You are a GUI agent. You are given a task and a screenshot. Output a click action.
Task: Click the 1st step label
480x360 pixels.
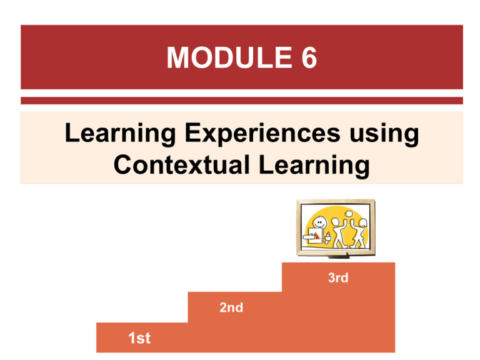click(139, 339)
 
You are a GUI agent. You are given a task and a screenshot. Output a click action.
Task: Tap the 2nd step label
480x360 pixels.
click(231, 307)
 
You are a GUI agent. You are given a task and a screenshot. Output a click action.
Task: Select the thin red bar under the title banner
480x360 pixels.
click(241, 100)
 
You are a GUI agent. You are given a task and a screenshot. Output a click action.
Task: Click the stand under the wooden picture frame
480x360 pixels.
click(339, 257)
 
